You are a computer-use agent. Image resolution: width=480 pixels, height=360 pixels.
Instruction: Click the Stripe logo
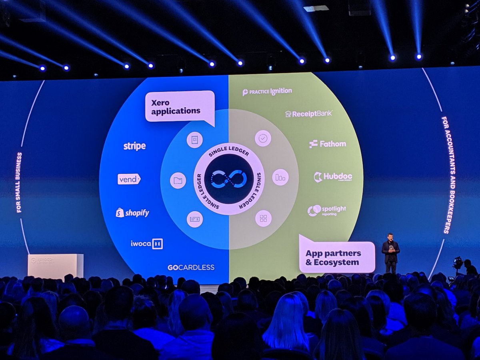pos(134,146)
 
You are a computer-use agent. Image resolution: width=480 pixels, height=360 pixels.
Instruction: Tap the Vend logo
pos(129,179)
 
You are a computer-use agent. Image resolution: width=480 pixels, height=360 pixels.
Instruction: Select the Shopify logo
pos(132,213)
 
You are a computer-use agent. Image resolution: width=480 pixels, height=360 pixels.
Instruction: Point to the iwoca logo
pos(146,244)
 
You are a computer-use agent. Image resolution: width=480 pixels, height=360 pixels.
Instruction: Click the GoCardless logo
pos(191,267)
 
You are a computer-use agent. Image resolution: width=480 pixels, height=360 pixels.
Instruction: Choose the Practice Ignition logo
pos(267,92)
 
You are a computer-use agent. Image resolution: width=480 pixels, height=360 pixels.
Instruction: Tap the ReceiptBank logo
pos(308,114)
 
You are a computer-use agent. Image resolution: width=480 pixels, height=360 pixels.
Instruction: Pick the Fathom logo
pos(328,144)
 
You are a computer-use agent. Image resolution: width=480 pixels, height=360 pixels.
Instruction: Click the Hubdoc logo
pos(333,177)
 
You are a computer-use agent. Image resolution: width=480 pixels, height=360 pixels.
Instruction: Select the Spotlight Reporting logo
pos(327,210)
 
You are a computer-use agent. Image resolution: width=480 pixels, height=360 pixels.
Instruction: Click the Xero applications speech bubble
pos(180,106)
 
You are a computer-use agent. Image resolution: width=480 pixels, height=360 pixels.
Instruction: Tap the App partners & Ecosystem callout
pos(336,257)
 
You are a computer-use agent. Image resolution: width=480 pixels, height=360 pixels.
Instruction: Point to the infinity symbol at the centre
pos(229,179)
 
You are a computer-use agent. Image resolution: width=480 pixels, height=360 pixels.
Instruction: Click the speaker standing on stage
pos(390,253)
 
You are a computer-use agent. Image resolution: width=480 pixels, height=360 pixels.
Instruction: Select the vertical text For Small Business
pos(19,182)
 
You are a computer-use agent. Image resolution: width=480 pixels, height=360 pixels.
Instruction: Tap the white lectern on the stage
pos(56,266)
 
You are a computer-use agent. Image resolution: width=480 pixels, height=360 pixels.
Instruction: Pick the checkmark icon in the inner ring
pos(263,138)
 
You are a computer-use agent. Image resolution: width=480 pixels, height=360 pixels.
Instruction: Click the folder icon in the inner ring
pos(178,180)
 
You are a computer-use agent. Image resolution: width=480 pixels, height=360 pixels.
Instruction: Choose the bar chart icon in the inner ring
pos(280,178)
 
